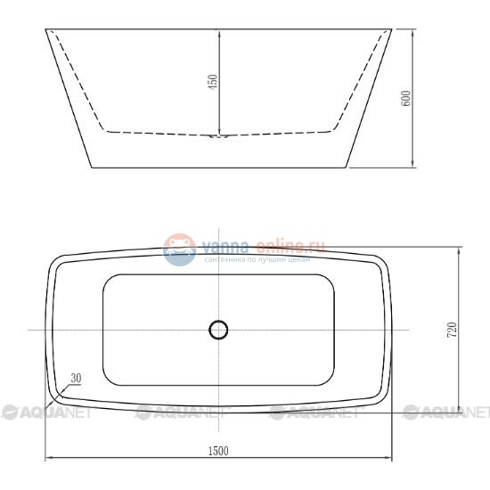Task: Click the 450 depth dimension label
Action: pos(212,83)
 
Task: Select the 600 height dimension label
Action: pos(406,98)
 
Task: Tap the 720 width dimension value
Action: pos(452,330)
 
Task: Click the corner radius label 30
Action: pos(76,378)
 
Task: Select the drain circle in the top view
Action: pos(218,330)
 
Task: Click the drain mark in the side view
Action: pos(219,136)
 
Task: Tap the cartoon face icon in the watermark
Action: pos(179,249)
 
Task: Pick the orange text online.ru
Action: pos(291,245)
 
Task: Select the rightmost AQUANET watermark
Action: pos(445,412)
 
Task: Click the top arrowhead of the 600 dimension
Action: pos(412,33)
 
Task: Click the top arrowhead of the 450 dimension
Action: pos(219,34)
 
